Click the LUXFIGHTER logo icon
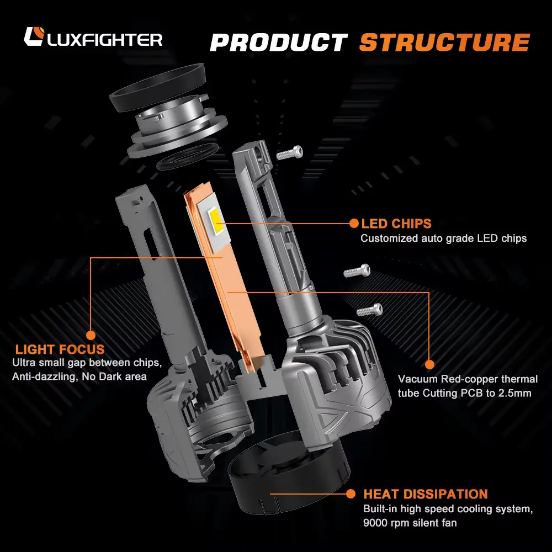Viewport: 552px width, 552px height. coord(34,38)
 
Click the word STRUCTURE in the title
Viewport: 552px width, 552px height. coord(444,43)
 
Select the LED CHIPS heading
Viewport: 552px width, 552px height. coord(396,224)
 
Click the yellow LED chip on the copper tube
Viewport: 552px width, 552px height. coord(216,223)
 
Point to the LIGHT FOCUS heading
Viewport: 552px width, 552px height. coord(60,349)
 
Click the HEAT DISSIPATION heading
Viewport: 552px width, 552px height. coord(425,494)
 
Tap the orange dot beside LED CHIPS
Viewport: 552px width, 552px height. coord(353,223)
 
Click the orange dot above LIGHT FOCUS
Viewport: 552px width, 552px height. coord(91,335)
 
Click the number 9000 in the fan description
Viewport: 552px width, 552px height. coord(376,522)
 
